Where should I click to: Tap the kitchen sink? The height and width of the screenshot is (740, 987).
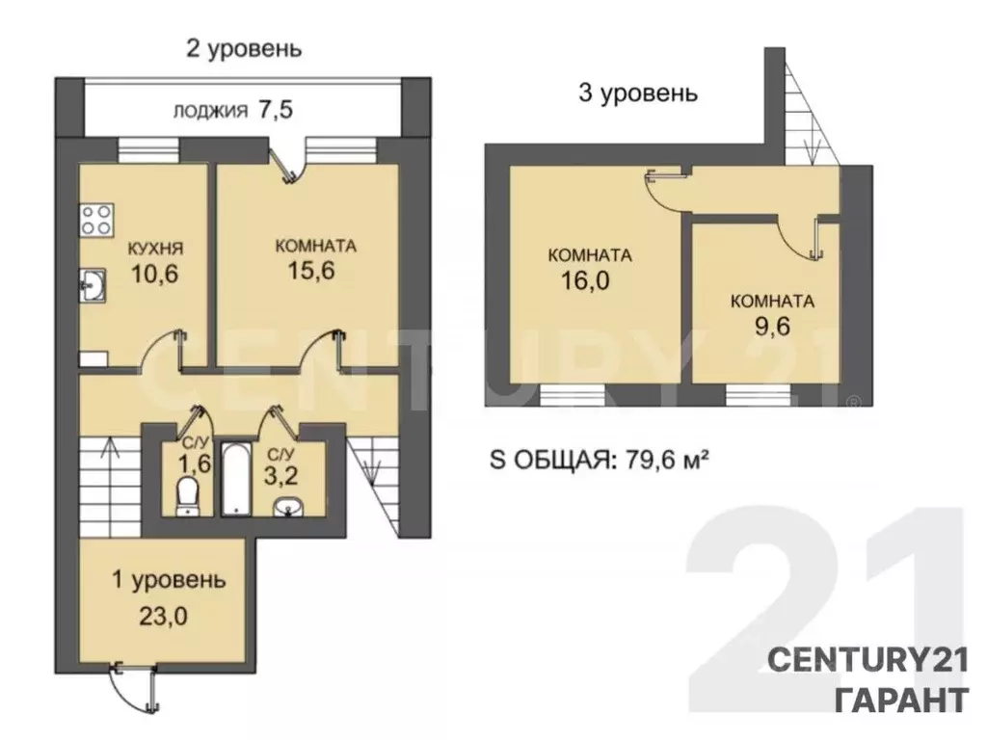[93, 284]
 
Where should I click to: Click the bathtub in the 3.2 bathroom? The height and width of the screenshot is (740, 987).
[235, 479]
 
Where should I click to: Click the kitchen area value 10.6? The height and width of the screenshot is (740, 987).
[155, 275]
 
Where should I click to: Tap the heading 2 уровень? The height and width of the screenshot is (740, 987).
[242, 48]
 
